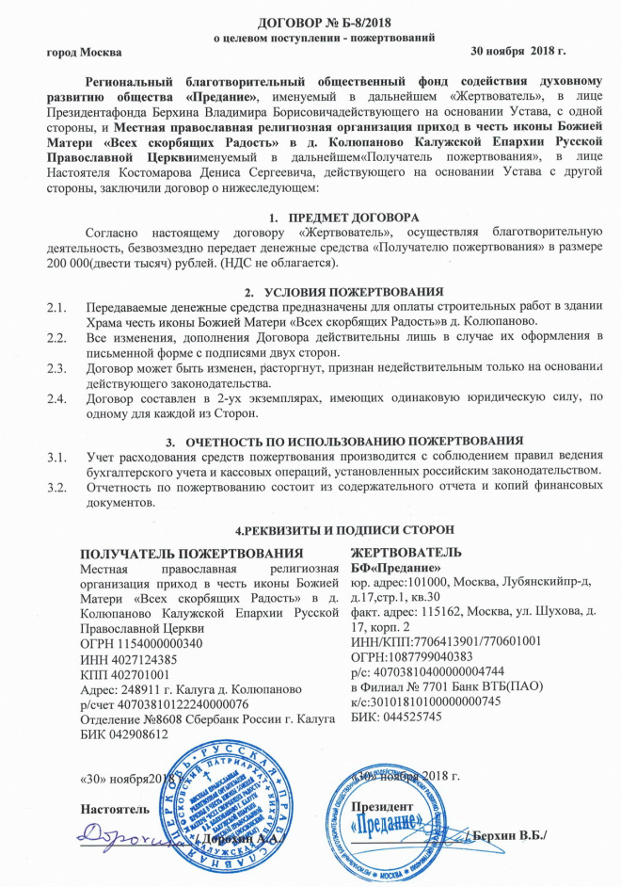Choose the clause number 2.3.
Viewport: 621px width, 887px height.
coord(58,368)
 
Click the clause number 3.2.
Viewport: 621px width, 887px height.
coord(58,487)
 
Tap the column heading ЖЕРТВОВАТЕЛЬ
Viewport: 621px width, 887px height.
coord(406,552)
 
